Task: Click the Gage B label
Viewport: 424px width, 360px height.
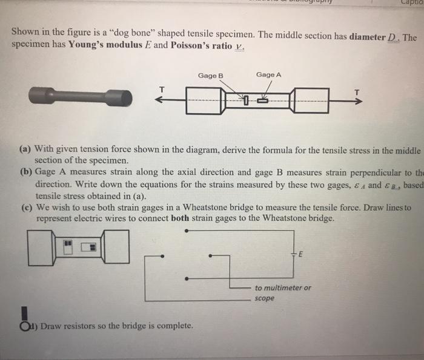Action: tap(210, 76)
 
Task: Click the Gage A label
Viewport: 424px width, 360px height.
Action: tap(268, 74)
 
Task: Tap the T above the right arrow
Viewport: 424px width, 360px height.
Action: tap(357, 91)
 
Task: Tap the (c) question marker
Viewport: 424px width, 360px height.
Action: tap(25, 206)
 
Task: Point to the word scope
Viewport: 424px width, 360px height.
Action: tap(265, 298)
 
